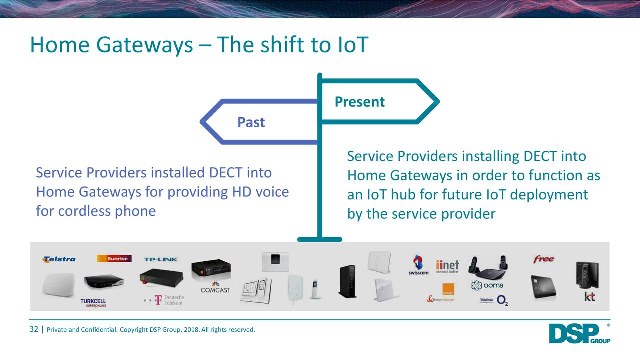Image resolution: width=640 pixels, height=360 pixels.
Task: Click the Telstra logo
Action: (59, 259)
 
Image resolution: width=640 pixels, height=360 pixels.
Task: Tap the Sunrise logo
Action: (114, 258)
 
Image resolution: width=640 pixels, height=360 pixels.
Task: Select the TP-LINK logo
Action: (161, 259)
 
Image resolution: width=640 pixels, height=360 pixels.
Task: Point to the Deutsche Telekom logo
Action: (164, 300)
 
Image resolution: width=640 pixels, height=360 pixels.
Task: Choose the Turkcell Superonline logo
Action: (93, 303)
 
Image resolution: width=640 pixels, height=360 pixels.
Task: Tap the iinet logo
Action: (447, 267)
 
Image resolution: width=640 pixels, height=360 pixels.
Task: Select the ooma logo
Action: (487, 285)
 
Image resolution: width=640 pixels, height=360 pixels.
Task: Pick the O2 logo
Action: (502, 300)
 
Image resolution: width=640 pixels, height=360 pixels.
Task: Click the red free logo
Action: (543, 259)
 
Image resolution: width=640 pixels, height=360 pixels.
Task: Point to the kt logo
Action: (590, 297)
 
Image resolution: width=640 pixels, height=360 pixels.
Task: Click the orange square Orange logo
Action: (448, 289)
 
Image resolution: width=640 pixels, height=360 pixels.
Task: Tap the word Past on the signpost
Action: (251, 122)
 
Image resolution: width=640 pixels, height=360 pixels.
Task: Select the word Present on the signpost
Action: (359, 102)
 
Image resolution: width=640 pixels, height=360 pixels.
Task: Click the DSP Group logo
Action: (579, 334)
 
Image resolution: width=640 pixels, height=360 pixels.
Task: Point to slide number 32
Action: (34, 329)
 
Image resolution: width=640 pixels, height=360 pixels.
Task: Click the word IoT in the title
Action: (350, 45)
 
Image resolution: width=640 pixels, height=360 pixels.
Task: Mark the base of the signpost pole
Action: (319, 239)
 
